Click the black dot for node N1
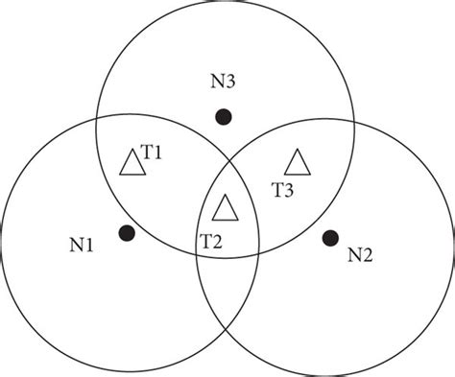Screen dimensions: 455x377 (125, 232)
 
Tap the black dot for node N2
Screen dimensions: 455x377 (331, 236)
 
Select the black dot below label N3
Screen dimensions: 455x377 (223, 117)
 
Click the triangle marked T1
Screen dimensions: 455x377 (132, 163)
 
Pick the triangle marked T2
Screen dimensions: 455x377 (225, 207)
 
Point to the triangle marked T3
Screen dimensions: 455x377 (299, 163)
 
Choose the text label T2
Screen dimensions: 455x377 (211, 240)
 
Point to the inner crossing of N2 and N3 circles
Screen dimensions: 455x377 (197, 251)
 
